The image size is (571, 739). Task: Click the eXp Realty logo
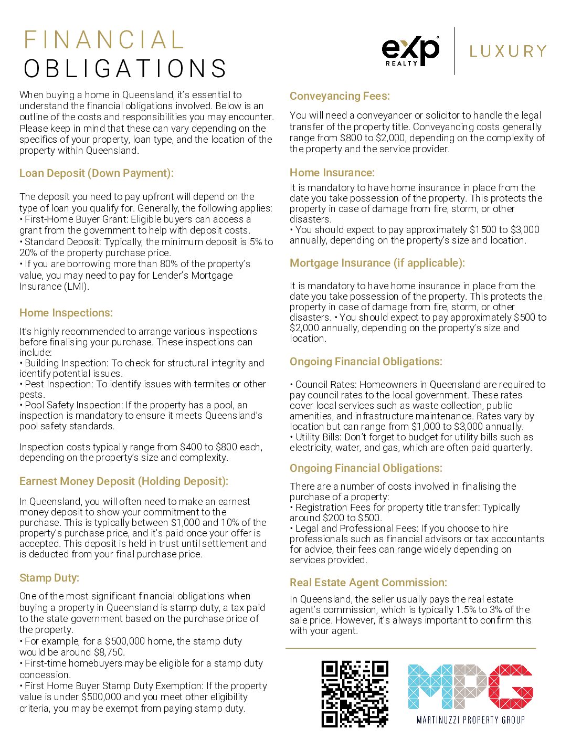(x=410, y=51)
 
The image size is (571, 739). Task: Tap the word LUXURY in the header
(x=508, y=51)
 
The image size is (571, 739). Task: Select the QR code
(x=355, y=693)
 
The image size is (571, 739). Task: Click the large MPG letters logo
(x=470, y=687)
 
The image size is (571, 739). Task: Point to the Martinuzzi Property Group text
(x=470, y=720)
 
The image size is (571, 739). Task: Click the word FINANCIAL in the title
(x=104, y=40)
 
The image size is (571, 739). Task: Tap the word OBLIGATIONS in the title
(x=125, y=69)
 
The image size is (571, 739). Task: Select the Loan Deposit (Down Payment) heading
(x=96, y=173)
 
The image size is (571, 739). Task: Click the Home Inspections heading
(x=66, y=313)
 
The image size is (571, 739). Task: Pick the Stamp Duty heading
(x=49, y=578)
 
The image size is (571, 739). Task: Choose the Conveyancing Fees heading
(x=340, y=96)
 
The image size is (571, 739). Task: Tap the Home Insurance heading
(x=332, y=173)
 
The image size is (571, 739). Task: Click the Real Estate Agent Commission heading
(x=368, y=583)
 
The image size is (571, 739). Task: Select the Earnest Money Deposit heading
(x=123, y=481)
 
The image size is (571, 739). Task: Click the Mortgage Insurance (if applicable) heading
(x=377, y=263)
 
